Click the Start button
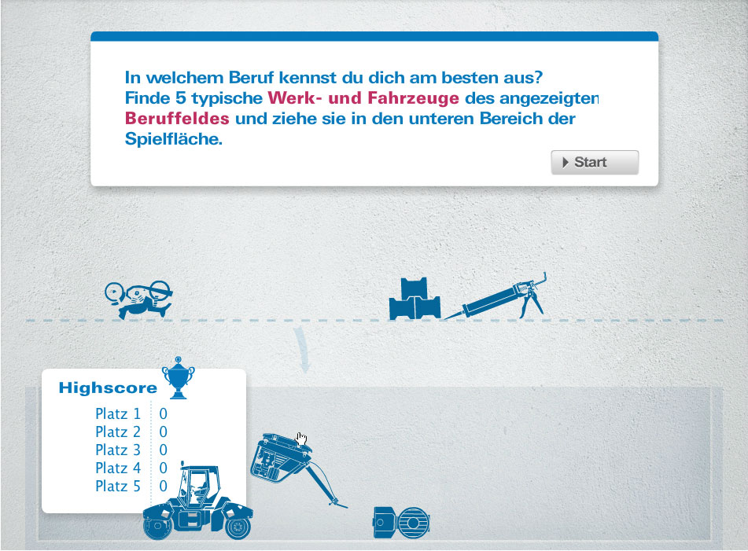coord(595,163)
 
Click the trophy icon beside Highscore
coord(179,377)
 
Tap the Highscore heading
coord(108,388)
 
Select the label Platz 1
coord(118,413)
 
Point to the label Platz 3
coord(118,450)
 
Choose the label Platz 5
coord(118,487)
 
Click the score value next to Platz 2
coord(163,432)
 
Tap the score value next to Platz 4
coord(163,468)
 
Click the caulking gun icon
coord(496,297)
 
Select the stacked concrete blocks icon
coord(415,299)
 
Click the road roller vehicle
coord(197,501)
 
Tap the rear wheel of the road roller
coord(238,527)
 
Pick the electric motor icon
coord(401,523)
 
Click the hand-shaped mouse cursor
coord(301,439)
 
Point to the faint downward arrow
coord(303,349)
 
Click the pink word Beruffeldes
coord(177,118)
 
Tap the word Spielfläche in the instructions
coord(174,138)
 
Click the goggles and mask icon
coord(138,299)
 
